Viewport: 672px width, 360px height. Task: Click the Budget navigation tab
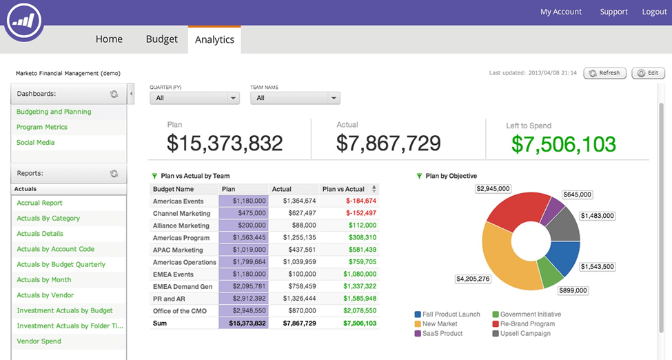(x=161, y=39)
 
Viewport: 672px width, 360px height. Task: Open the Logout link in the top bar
(x=654, y=12)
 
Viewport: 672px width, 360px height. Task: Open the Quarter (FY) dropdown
(x=194, y=98)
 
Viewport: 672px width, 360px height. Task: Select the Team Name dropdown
(x=295, y=98)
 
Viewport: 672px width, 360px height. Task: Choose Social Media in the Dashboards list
(x=35, y=142)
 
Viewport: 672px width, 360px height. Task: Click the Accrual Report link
(x=39, y=203)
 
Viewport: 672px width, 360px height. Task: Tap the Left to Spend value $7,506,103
(x=564, y=143)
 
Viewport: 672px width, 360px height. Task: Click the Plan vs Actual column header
(x=343, y=189)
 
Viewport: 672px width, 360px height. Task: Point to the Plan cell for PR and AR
(x=245, y=299)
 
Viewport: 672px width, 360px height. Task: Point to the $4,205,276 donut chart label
(x=473, y=279)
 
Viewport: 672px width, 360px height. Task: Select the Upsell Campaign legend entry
(x=525, y=334)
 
